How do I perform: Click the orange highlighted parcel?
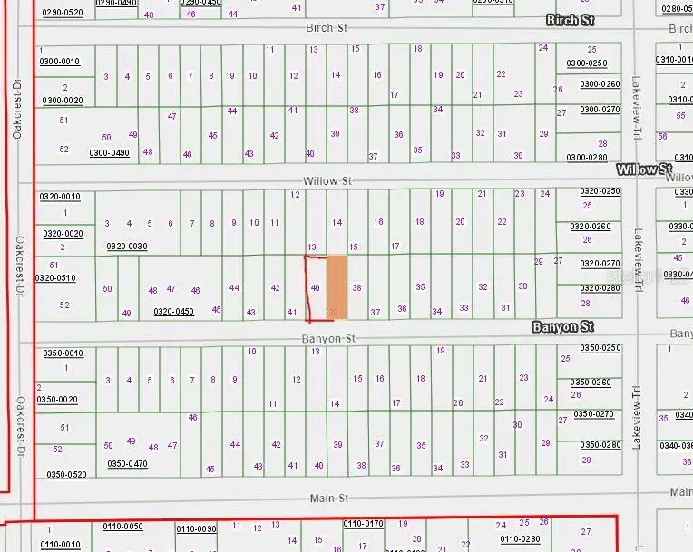coord(337,286)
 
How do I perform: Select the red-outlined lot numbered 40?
coord(315,287)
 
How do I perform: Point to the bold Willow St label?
coord(643,169)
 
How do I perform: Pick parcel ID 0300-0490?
coord(109,153)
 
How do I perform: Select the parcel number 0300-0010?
coord(60,62)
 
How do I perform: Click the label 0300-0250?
coord(586,63)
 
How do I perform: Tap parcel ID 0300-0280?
coord(586,157)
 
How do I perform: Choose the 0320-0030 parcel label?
coord(126,247)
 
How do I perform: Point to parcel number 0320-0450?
coord(173,312)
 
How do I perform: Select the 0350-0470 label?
coord(127,464)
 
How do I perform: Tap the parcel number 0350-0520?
coord(66,475)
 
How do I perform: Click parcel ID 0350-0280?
coord(599,445)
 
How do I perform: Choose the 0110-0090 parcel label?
coord(196,529)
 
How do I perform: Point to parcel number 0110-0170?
coord(365,524)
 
